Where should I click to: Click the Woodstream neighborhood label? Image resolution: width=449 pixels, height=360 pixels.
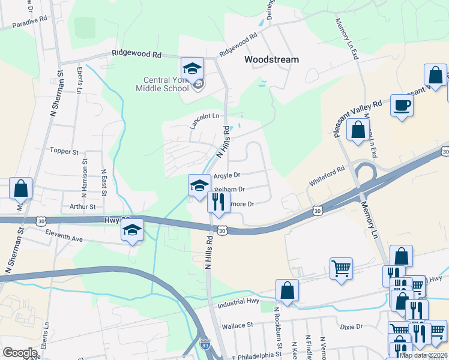click(271, 60)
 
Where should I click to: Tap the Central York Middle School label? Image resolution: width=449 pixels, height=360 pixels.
click(166, 85)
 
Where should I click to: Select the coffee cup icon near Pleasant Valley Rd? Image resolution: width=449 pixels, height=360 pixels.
click(402, 106)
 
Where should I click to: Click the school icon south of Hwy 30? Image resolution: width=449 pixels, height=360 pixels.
click(132, 230)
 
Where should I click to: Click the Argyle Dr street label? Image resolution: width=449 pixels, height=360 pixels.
click(227, 175)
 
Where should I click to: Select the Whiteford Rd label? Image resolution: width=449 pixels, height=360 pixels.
click(327, 174)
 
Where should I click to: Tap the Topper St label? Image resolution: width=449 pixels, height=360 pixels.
click(65, 151)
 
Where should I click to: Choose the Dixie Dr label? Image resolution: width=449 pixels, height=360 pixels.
click(351, 327)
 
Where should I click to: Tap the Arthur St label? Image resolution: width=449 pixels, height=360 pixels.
click(82, 206)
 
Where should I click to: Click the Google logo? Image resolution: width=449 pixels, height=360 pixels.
click(20, 353)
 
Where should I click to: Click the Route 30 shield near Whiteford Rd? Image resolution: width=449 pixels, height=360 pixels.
click(318, 211)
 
